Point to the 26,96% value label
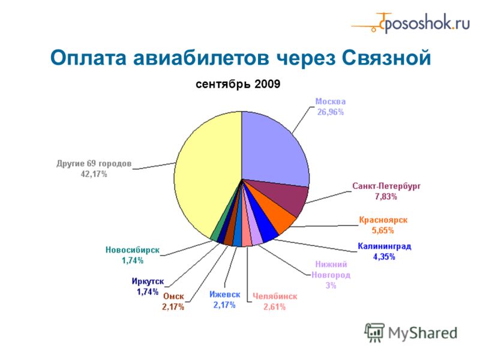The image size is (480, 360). [x=331, y=112]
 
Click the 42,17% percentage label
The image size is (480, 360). [x=94, y=174]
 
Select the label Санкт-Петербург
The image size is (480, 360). [x=386, y=186]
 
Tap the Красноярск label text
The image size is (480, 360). [x=383, y=220]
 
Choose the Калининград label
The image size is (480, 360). [x=384, y=246]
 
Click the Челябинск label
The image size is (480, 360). [x=275, y=296]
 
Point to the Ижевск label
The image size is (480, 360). [x=224, y=294]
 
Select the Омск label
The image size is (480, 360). [x=173, y=296]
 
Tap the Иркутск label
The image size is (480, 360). [x=148, y=281]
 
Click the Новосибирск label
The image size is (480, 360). [x=132, y=250]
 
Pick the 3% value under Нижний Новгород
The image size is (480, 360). [x=331, y=286]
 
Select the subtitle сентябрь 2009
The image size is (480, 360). [x=238, y=84]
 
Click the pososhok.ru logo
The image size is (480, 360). [x=410, y=23]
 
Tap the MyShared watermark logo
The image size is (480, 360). [x=411, y=332]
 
